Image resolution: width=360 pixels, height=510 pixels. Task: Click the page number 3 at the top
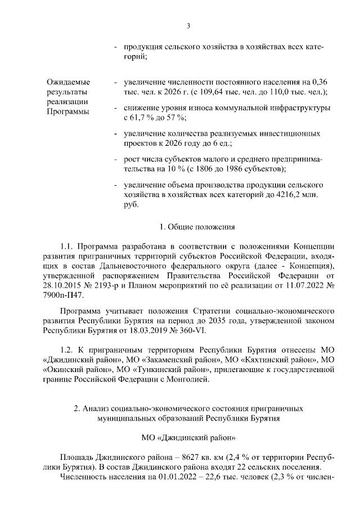188,25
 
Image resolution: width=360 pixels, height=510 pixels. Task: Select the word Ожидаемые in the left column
67,83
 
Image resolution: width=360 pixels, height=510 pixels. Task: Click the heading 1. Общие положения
188,227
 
